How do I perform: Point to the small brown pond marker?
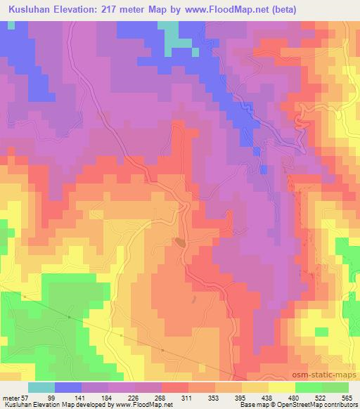(x=181, y=242)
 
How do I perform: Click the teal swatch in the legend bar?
(x=42, y=387)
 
